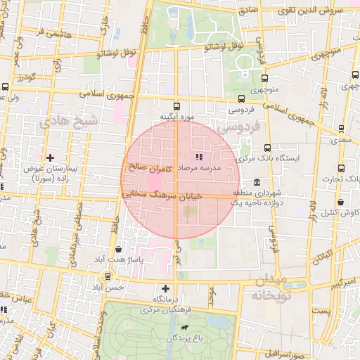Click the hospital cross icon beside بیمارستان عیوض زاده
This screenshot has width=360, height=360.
[x=49, y=157]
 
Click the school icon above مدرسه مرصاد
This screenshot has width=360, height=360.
[x=198, y=157]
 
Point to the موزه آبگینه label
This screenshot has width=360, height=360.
[x=175, y=116]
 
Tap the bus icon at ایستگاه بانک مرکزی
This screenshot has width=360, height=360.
[x=267, y=148]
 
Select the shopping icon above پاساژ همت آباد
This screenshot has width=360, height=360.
[x=117, y=250]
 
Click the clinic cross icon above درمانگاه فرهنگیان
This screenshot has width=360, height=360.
[x=165, y=288]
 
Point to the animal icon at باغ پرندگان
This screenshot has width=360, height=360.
[x=184, y=328]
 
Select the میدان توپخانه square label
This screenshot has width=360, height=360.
[x=266, y=288]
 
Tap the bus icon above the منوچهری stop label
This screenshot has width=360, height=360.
[x=264, y=79]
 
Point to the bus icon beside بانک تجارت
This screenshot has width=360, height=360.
[x=341, y=168]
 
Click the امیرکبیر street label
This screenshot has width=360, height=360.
[x=337, y=282]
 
